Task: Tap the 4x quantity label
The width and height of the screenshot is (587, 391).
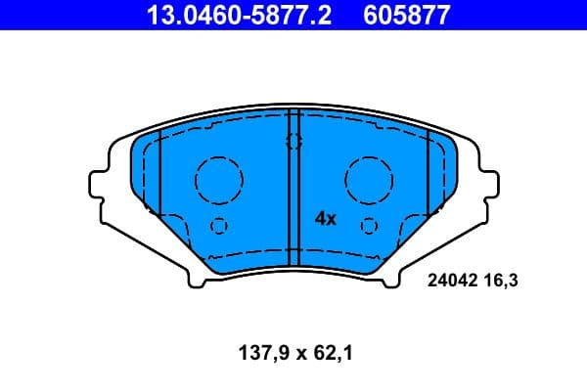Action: coord(325,219)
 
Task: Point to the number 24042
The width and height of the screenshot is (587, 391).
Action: coord(451,281)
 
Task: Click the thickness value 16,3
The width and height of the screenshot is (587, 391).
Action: coord(497,281)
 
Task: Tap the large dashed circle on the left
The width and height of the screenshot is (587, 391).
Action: coord(218,178)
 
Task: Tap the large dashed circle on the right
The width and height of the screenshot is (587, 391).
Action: coord(369,178)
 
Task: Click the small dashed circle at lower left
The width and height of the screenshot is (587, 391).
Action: coord(219,226)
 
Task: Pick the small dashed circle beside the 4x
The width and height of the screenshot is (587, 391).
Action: coord(369,226)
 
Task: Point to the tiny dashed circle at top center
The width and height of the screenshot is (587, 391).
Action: coord(293,142)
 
